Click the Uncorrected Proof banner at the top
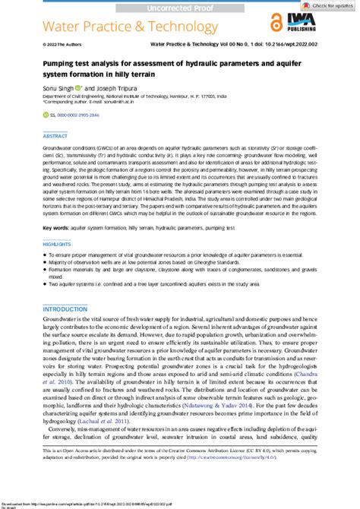point(180,7)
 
